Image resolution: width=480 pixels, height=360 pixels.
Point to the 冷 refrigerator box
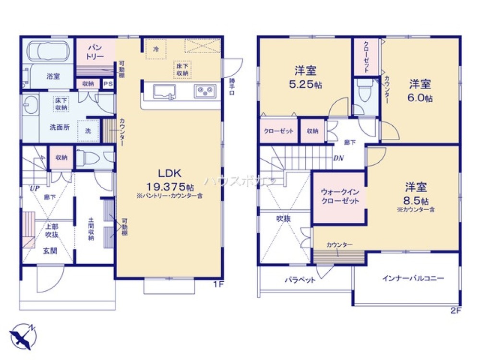pos(156,49)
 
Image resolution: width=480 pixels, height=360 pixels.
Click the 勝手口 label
pos(232,87)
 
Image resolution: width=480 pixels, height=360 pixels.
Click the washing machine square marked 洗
pos(88,131)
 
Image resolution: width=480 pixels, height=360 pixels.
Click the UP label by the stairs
pos(35,188)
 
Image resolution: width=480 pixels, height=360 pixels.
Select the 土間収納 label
pos(91,229)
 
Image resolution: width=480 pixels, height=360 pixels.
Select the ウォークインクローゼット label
pos(339,197)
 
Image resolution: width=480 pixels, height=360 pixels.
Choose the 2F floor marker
pos(456,311)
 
